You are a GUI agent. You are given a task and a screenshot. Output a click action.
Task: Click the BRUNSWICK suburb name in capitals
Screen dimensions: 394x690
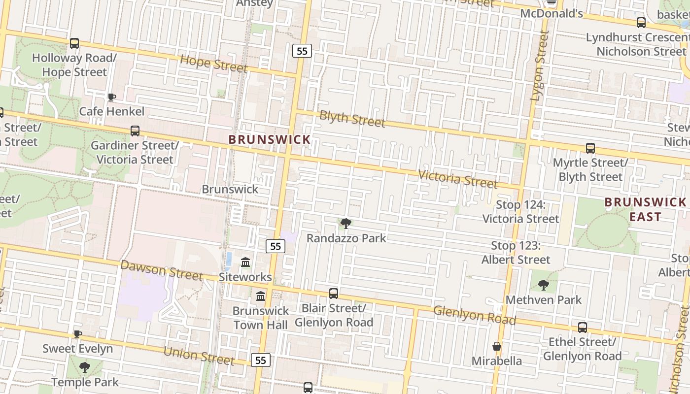pyautogui.click(x=270, y=140)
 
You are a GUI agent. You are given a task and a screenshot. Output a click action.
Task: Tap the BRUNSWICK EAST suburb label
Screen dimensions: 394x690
pyautogui.click(x=645, y=209)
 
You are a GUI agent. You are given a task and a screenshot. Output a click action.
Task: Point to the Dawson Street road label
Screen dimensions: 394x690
pyautogui.click(x=162, y=270)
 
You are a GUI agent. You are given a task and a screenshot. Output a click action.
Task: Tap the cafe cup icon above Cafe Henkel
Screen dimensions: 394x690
pyautogui.click(x=112, y=97)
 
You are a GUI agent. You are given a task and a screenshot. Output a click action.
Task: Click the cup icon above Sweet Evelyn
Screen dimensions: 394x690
pyautogui.click(x=77, y=334)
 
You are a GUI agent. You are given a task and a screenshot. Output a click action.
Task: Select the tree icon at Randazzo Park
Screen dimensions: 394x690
pyautogui.click(x=346, y=224)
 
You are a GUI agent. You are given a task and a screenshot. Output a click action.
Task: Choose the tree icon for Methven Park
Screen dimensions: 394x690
pyautogui.click(x=544, y=285)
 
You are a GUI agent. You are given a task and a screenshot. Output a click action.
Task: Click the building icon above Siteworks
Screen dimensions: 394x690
pyautogui.click(x=245, y=263)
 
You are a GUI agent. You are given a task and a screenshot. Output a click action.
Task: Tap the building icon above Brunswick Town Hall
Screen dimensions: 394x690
pyautogui.click(x=261, y=296)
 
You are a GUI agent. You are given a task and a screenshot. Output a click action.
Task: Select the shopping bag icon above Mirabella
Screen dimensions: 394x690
pyautogui.click(x=497, y=346)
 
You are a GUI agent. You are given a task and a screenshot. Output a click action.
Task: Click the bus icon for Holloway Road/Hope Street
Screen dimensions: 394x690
pyautogui.click(x=74, y=43)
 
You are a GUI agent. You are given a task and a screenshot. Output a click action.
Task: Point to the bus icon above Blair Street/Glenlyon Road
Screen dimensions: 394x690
pyautogui.click(x=334, y=294)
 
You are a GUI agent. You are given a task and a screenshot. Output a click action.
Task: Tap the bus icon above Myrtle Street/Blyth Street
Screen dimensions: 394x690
pyautogui.click(x=590, y=148)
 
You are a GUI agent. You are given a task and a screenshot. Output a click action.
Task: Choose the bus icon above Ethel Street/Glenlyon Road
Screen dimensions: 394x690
pyautogui.click(x=582, y=328)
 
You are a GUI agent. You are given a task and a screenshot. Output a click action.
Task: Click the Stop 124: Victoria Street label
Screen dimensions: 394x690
pyautogui.click(x=521, y=212)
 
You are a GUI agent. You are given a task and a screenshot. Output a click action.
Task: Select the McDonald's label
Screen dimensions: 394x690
pyautogui.click(x=552, y=13)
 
